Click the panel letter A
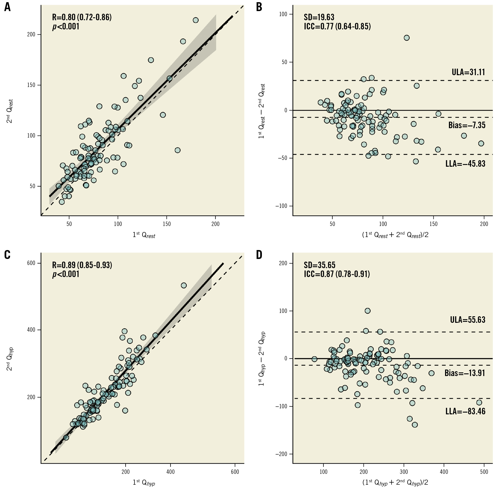(x=7, y=7)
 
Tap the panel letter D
(x=259, y=255)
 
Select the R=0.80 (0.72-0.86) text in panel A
(x=82, y=17)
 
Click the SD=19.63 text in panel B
(x=319, y=17)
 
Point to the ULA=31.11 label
(x=468, y=72)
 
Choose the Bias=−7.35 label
(x=467, y=125)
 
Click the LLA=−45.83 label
(x=465, y=164)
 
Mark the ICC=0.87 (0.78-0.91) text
(x=337, y=274)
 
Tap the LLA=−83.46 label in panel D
(x=465, y=411)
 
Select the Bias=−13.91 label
(x=465, y=373)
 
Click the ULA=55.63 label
(x=468, y=320)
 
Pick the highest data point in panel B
(x=406, y=38)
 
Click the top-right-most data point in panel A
(x=196, y=20)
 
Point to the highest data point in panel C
(x=184, y=285)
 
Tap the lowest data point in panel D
(x=415, y=425)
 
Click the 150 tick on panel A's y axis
(x=31, y=85)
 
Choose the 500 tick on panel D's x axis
(x=484, y=472)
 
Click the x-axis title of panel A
(x=144, y=235)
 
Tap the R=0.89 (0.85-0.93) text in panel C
(x=82, y=265)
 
